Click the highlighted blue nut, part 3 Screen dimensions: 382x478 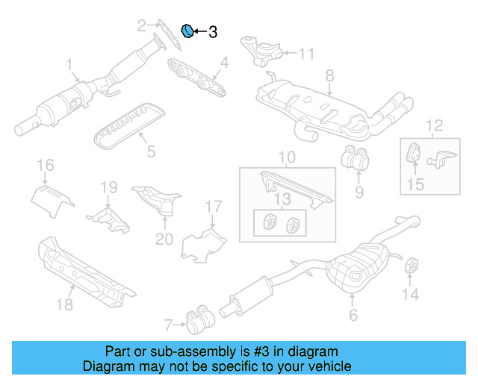[188, 31]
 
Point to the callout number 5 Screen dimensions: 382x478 [151, 152]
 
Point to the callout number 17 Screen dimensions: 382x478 [214, 206]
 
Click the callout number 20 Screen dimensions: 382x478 [164, 239]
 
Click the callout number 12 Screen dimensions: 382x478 [434, 125]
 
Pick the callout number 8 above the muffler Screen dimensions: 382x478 [329, 75]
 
